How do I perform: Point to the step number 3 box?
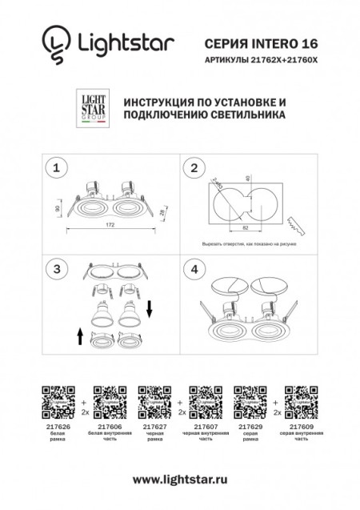click(x=55, y=269)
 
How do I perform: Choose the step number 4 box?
click(x=193, y=269)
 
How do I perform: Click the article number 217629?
click(x=245, y=428)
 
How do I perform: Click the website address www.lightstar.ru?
click(x=180, y=479)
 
